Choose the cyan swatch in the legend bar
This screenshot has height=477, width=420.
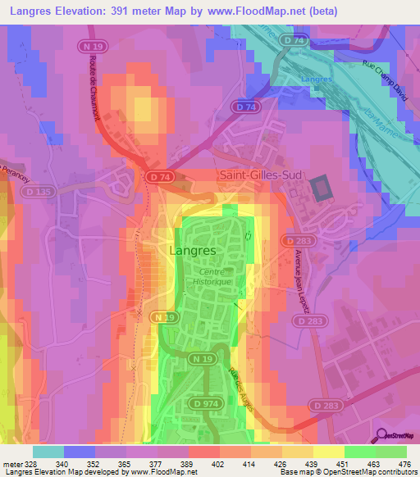pyautogui.click(x=48, y=452)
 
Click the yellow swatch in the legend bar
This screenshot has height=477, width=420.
pyautogui.click(x=329, y=452)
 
